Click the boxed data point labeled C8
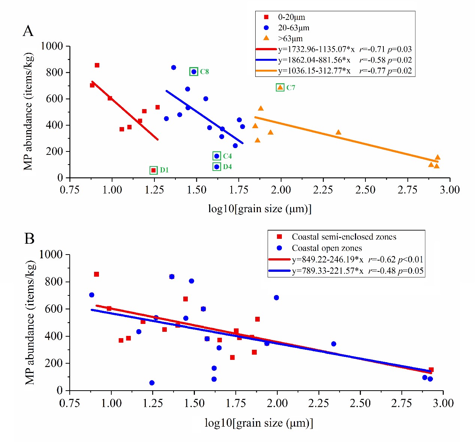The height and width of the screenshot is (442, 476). pyautogui.click(x=193, y=72)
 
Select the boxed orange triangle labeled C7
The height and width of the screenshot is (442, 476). pyautogui.click(x=280, y=87)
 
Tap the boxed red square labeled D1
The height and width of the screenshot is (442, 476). pyautogui.click(x=153, y=170)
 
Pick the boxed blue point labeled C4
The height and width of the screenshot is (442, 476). pyautogui.click(x=217, y=156)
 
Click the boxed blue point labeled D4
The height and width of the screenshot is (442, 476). pyautogui.click(x=217, y=167)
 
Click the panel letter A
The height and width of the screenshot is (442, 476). pyautogui.click(x=28, y=31)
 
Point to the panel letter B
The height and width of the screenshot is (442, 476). pyautogui.click(x=29, y=238)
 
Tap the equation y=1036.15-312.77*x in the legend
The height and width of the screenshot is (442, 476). pyautogui.click(x=314, y=71)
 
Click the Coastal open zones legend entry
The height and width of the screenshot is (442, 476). pyautogui.click(x=326, y=248)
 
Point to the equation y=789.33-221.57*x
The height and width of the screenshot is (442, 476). pyautogui.click(x=328, y=271)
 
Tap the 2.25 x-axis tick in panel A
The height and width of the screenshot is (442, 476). pyautogui.click(x=323, y=189)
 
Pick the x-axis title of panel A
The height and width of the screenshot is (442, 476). pyautogui.click(x=260, y=208)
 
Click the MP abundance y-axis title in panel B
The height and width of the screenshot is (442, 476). pyautogui.click(x=31, y=322)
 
